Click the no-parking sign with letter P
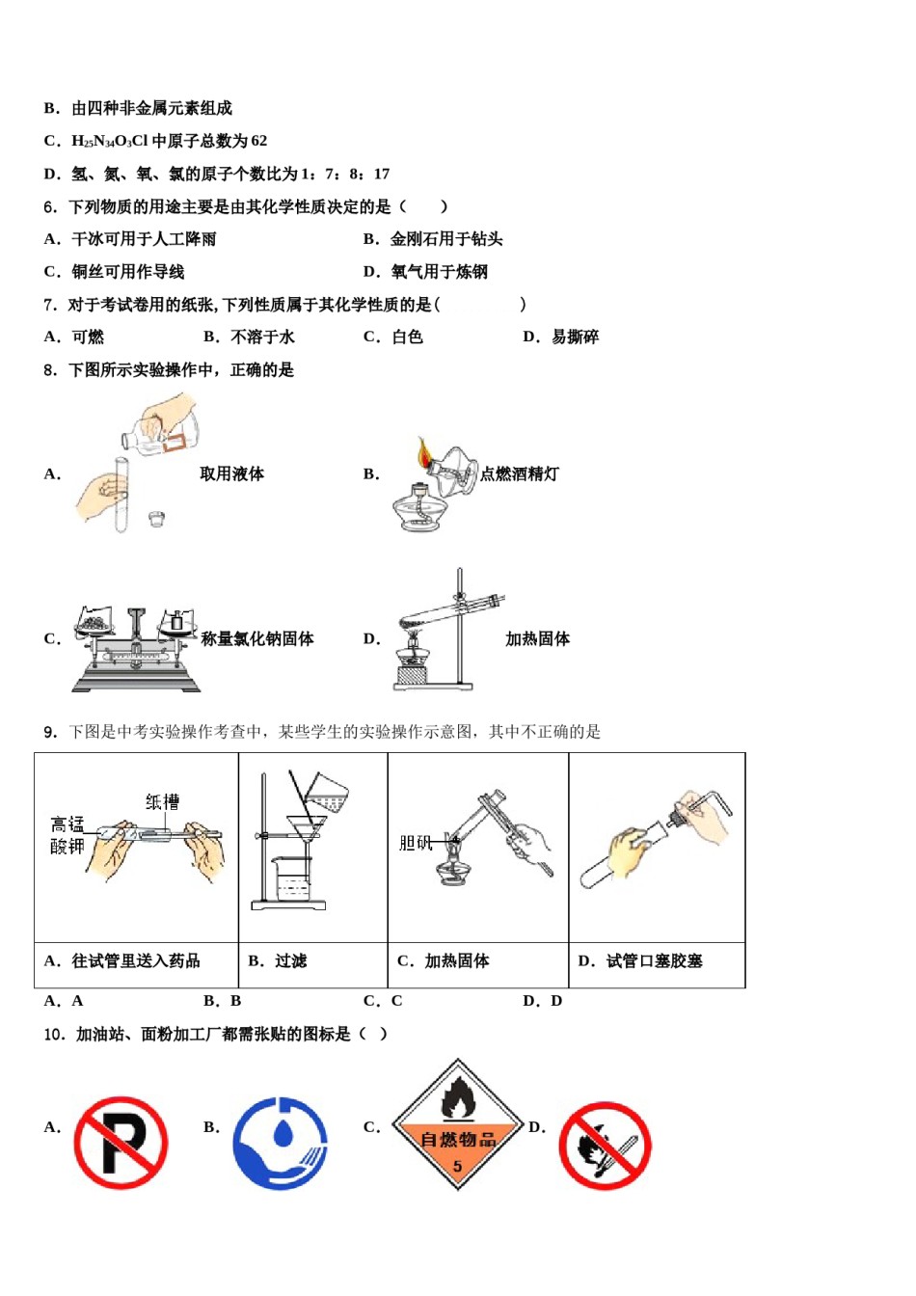121,1143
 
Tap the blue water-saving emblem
281,1143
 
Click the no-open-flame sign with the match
606,1147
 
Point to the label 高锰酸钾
67,835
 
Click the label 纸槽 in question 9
162,801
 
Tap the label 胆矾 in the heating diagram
416,843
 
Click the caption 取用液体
231,473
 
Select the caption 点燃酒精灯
519,473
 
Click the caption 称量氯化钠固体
257,638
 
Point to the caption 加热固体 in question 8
537,638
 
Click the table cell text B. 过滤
278,960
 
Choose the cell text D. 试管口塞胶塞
640,960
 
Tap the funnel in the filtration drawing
304,829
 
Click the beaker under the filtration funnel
289,879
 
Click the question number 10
55,1034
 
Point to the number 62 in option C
258,141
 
